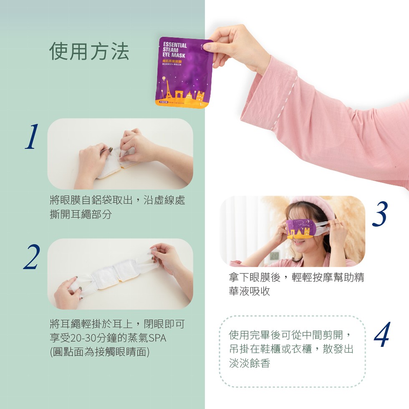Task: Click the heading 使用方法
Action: point(89,51)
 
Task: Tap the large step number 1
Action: point(32,137)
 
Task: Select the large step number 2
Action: point(32,256)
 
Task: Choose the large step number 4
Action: point(382,335)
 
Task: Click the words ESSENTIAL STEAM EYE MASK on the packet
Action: point(174,50)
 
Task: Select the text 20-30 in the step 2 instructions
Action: point(83,338)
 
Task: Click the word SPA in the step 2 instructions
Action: point(157,338)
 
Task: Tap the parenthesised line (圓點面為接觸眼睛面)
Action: point(100,352)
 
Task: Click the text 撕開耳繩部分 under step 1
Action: point(81,215)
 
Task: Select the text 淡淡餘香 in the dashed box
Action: point(250,363)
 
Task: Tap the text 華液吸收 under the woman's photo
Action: point(249,291)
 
